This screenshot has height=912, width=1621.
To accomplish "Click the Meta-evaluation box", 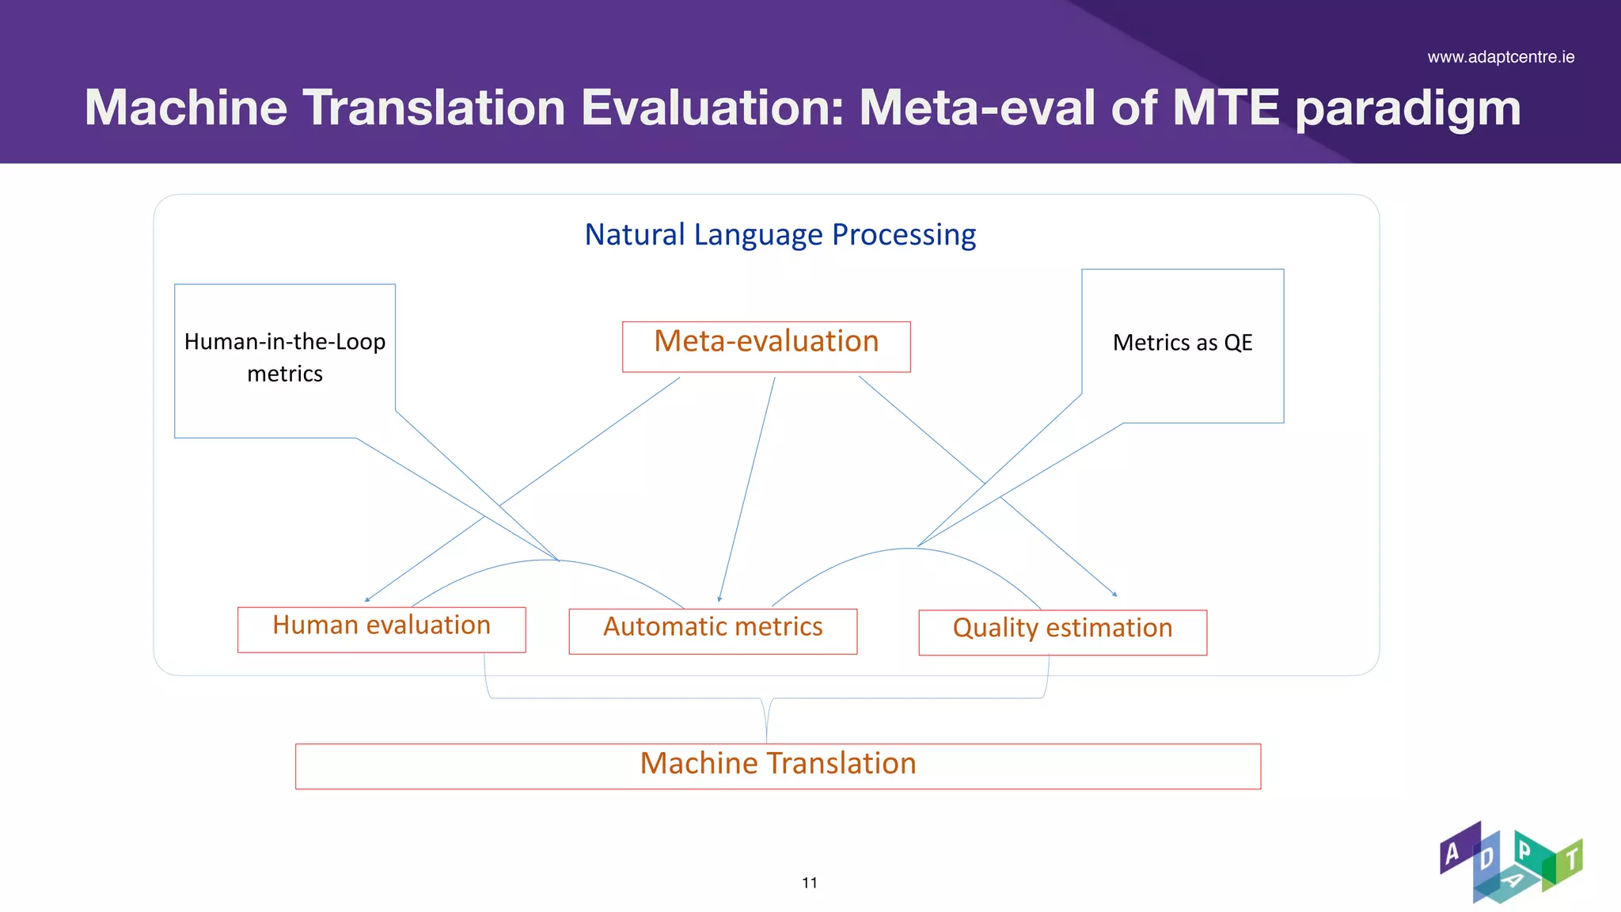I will tap(766, 346).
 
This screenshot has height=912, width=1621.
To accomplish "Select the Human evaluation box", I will tap(382, 629).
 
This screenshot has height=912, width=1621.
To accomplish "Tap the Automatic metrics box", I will tap(712, 631).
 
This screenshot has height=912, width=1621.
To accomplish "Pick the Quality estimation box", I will tap(1062, 632).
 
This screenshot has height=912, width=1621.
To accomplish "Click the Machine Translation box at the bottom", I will tap(777, 766).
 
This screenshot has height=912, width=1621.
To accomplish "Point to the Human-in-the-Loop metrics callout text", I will tap(285, 357).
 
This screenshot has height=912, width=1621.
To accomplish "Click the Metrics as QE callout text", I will tap(1182, 343).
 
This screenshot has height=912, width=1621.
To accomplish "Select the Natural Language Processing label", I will tap(780, 235).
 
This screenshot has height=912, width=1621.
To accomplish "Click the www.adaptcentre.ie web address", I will tap(1501, 57).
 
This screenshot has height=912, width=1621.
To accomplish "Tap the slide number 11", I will tap(809, 883).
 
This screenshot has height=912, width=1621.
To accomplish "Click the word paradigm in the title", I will tap(1407, 108).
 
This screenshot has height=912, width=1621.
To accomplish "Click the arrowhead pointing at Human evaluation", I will tap(367, 600).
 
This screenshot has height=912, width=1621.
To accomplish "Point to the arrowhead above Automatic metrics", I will tap(719, 599).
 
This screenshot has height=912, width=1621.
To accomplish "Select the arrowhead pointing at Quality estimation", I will tap(1114, 594).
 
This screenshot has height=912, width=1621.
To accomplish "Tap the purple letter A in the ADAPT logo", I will tap(1452, 853).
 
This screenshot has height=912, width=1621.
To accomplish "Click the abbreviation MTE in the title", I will tap(1225, 108).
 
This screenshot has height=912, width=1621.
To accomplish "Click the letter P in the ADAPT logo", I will tap(1524, 851).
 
